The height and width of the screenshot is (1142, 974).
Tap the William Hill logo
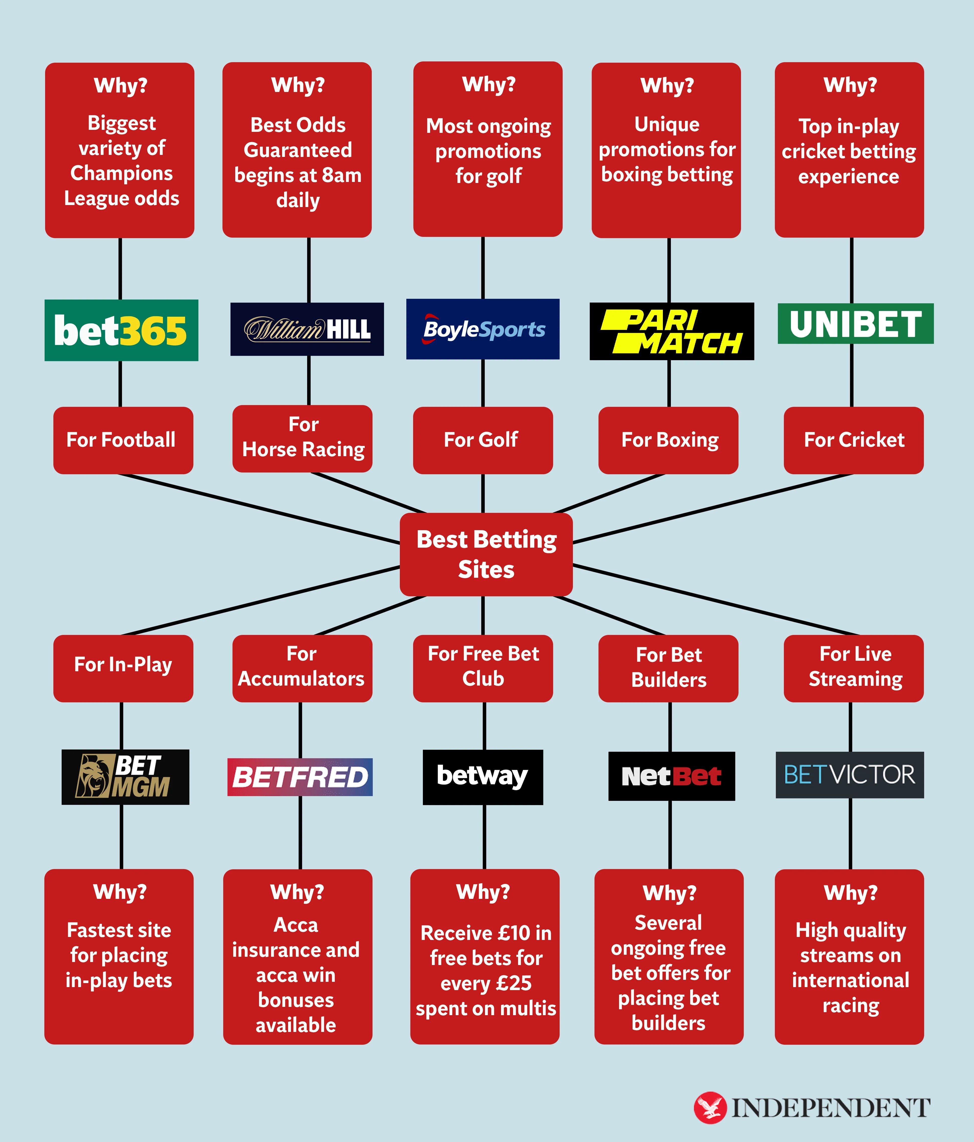(x=307, y=329)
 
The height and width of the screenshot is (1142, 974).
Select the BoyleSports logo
(x=482, y=329)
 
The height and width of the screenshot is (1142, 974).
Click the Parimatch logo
(x=672, y=331)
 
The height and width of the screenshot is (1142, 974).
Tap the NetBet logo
(x=672, y=776)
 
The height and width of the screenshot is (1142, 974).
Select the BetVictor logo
(x=849, y=775)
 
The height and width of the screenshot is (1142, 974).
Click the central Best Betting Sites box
(x=486, y=554)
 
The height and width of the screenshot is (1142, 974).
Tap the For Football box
(x=123, y=440)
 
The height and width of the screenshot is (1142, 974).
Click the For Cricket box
(x=853, y=440)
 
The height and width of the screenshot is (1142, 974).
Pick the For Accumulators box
(x=302, y=668)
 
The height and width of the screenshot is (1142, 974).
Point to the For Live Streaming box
(x=853, y=668)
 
